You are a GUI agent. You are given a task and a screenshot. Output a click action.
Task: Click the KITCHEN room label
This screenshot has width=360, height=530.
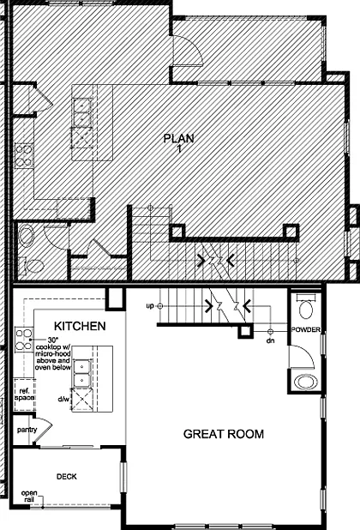(x=80, y=327)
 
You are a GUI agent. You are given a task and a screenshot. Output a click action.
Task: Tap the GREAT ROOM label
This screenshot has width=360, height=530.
(x=224, y=435)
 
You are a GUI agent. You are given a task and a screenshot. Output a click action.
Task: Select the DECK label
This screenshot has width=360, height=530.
(x=67, y=476)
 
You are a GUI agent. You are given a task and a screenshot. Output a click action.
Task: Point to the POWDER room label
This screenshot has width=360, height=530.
(x=305, y=329)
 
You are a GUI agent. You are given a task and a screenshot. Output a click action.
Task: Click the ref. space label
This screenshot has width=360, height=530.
(x=25, y=395)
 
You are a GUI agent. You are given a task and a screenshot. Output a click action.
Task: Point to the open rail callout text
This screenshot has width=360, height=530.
(x=30, y=496)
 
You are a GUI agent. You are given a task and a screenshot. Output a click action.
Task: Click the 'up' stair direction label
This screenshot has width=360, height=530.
(x=150, y=305)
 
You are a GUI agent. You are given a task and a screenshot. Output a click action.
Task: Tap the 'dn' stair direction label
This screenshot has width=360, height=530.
(x=270, y=340)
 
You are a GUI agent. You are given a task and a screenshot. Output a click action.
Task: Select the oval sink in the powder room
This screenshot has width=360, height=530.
(x=304, y=381)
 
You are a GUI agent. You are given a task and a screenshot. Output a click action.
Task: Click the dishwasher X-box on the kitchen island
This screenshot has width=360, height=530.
(x=84, y=400)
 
